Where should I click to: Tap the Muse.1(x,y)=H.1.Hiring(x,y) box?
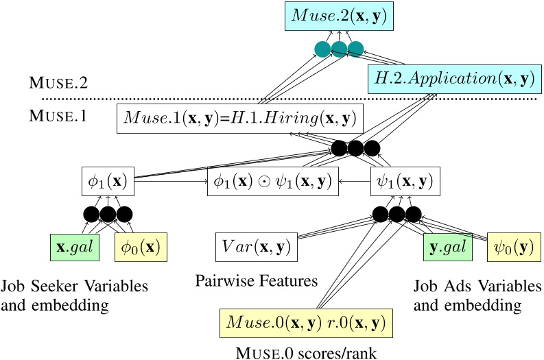(240, 119)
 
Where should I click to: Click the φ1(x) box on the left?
(106, 183)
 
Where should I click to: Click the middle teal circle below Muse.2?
(339, 49)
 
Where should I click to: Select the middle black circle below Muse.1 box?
(355, 149)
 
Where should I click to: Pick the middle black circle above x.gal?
(108, 214)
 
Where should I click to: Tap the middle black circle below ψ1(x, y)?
(397, 214)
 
